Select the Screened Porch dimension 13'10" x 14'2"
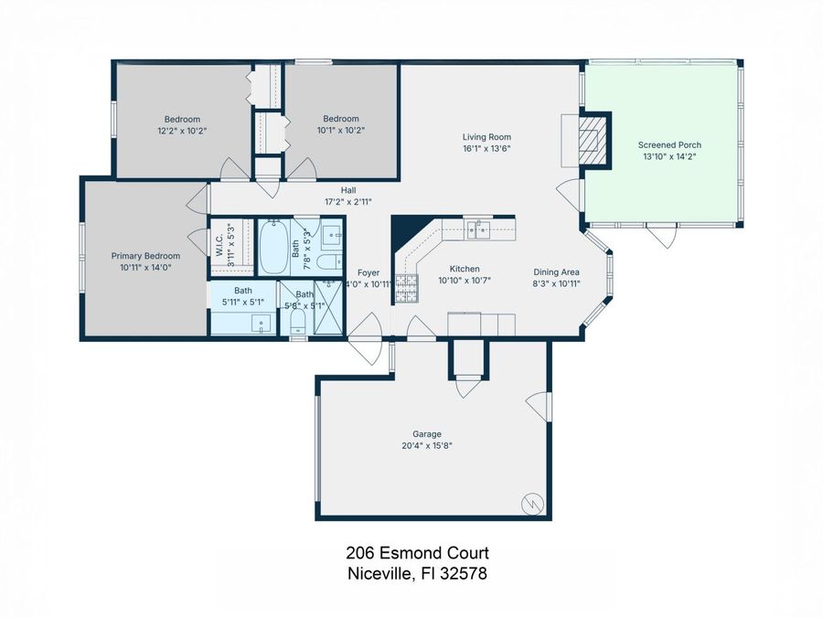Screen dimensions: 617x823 (669, 155)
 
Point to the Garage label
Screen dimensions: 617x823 (426, 433)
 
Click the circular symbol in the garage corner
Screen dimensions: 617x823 (532, 502)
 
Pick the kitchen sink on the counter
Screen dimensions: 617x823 (478, 229)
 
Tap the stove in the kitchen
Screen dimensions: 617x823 (404, 292)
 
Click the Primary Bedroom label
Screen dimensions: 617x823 (145, 256)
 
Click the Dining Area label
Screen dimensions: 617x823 (556, 271)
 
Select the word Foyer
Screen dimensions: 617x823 (368, 271)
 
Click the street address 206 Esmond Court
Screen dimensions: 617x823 (417, 553)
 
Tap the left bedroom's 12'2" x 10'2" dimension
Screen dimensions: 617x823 (182, 130)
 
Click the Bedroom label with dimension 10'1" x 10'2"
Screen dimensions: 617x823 (340, 119)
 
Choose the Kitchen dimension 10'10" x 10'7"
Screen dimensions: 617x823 (465, 281)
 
